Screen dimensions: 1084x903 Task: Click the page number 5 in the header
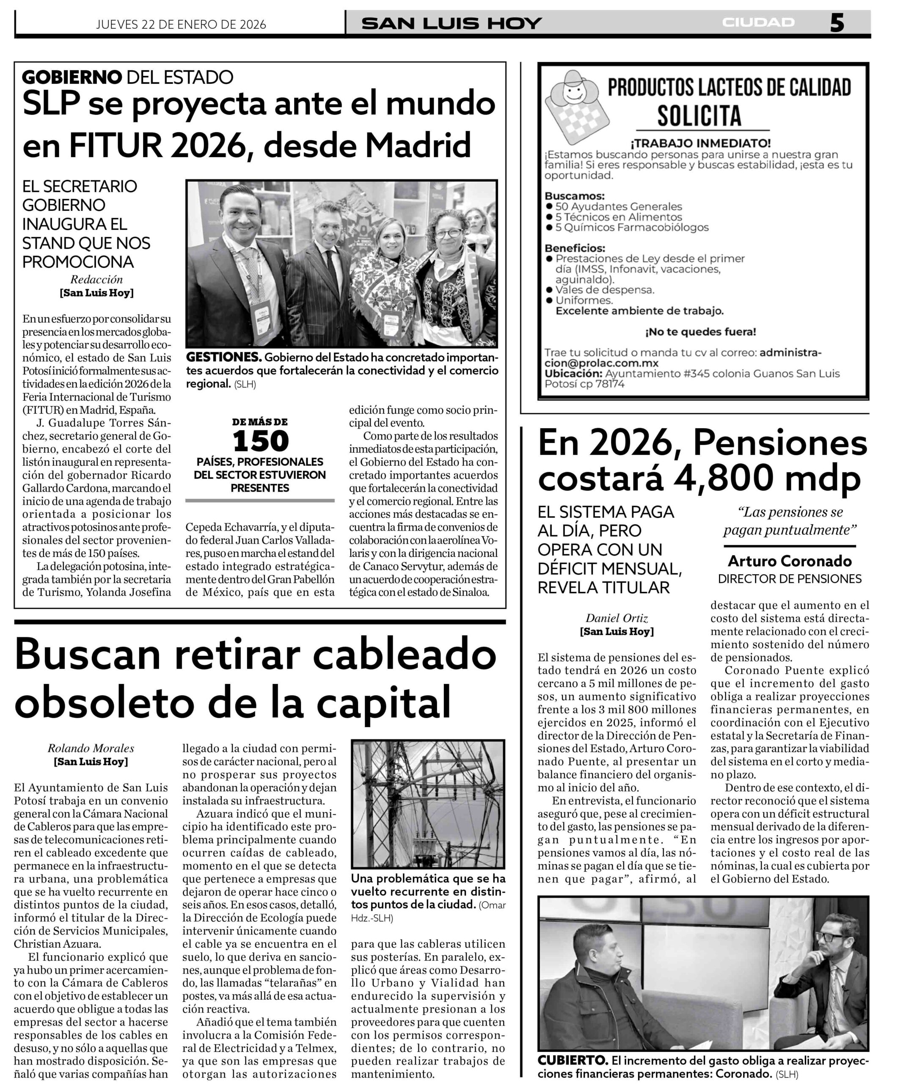(x=837, y=23)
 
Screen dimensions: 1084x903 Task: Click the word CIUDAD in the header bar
(x=758, y=23)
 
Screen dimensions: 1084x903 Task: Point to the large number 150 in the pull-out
(x=260, y=441)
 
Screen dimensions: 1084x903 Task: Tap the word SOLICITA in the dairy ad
(x=699, y=116)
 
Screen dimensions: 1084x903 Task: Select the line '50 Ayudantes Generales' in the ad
(x=618, y=207)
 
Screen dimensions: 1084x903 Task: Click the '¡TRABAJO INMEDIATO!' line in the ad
(x=700, y=143)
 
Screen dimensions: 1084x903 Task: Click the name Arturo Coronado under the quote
(x=790, y=561)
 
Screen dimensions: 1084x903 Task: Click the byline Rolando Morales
(x=91, y=748)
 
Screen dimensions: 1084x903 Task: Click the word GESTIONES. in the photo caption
(x=224, y=357)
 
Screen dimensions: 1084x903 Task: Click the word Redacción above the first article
(x=96, y=279)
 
